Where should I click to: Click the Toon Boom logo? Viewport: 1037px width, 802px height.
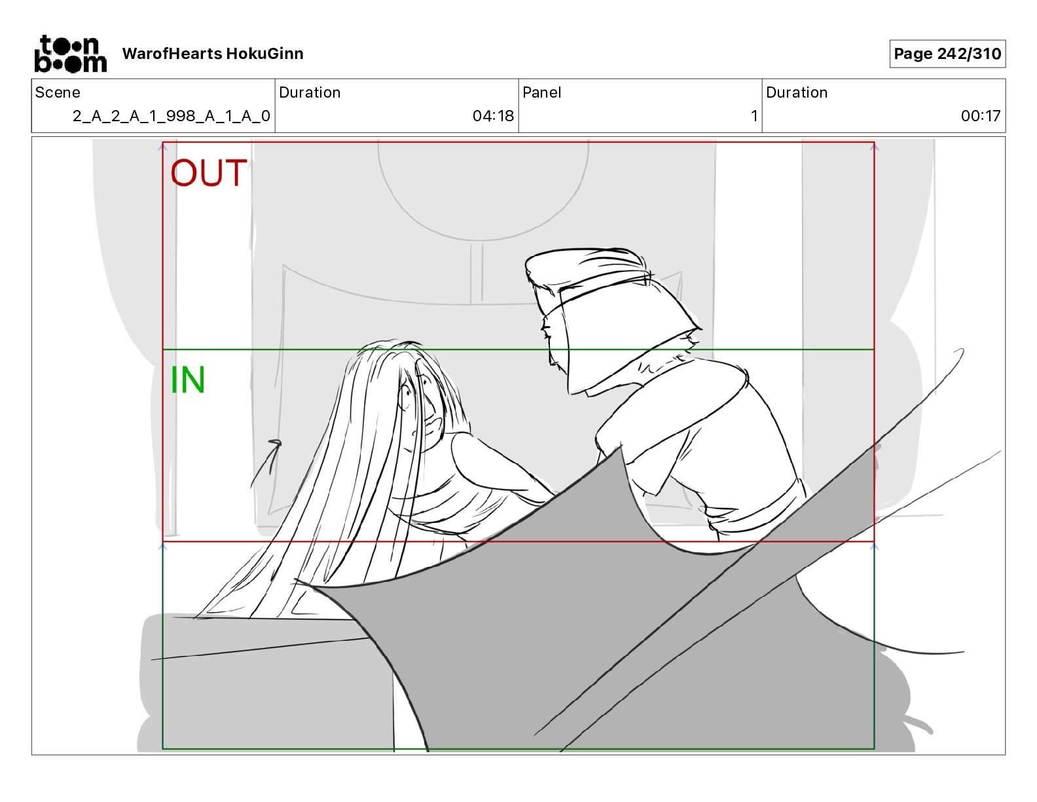[71, 54]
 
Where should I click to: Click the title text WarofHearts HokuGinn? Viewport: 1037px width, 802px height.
[213, 54]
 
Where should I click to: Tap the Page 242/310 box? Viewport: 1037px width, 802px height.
[947, 54]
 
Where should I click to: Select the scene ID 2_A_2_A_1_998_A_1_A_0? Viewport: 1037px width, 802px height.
[172, 115]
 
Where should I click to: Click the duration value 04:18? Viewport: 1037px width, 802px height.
[493, 115]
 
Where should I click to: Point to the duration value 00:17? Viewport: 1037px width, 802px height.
[980, 115]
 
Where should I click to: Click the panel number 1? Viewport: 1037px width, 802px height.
[754, 115]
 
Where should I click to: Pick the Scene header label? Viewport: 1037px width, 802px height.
[58, 92]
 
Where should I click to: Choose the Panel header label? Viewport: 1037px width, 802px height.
[541, 92]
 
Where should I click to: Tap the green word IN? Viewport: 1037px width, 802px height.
[187, 380]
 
